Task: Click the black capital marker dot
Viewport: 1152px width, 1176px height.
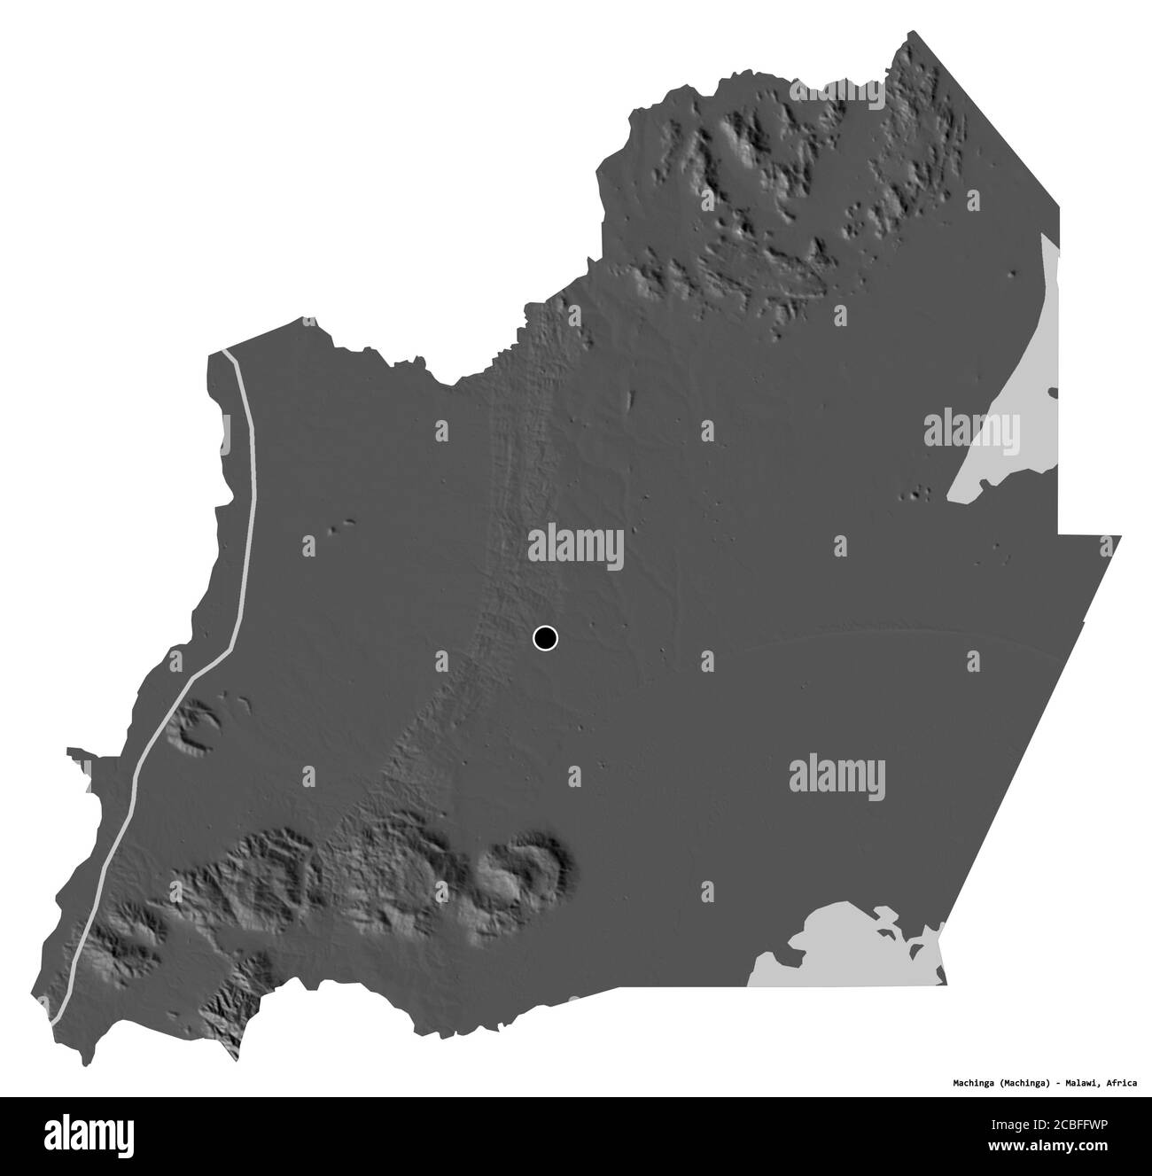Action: tap(545, 638)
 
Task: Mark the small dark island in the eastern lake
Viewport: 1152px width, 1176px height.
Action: tap(1053, 392)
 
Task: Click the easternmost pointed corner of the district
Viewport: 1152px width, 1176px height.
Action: tap(1120, 536)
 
